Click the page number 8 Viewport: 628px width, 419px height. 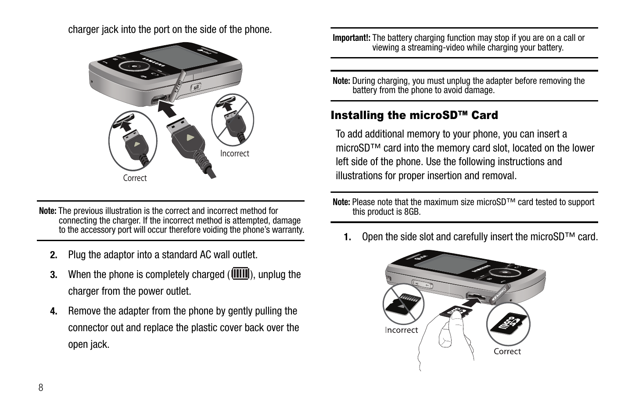point(41,387)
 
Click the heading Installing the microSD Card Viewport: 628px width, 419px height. point(414,116)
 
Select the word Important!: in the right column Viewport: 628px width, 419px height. point(351,38)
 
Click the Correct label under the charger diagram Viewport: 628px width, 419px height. point(135,178)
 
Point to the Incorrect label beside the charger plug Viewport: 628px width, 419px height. point(234,153)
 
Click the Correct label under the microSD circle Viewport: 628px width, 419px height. point(507,351)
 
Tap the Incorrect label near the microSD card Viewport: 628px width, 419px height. point(402,330)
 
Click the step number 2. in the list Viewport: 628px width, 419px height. point(54,255)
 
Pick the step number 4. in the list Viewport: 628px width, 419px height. point(54,311)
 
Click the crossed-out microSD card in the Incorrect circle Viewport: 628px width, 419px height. point(403,304)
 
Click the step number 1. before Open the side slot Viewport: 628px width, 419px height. point(348,238)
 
